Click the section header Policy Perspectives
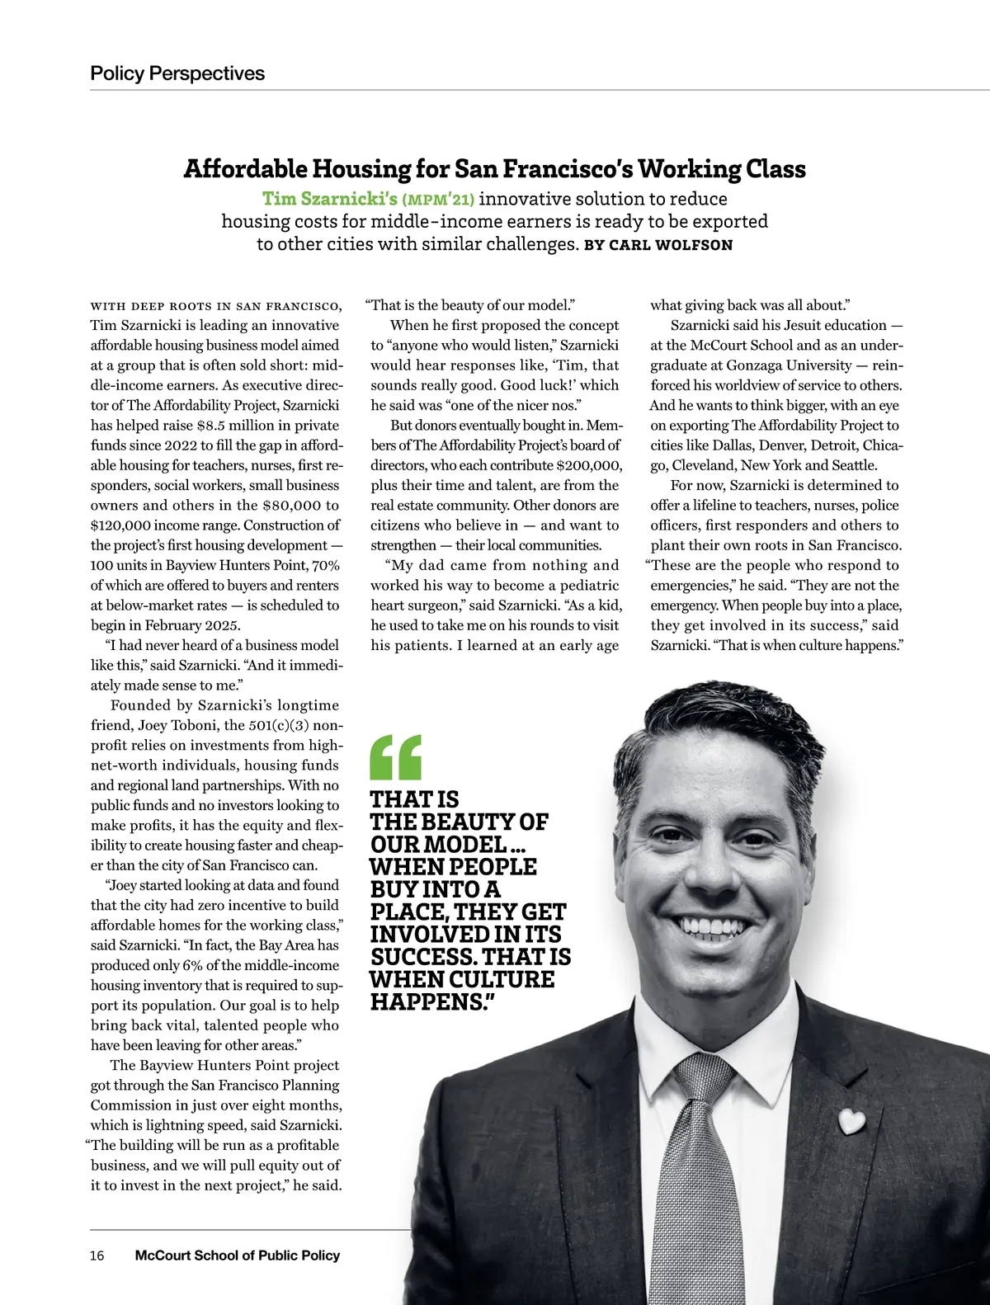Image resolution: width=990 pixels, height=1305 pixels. pos(177,73)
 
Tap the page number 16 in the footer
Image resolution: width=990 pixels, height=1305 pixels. pos(97,1256)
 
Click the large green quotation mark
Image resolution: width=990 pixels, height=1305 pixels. pos(397,756)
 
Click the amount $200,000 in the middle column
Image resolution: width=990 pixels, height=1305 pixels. pos(589,465)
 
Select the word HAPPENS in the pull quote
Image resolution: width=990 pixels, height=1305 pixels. pos(428,1002)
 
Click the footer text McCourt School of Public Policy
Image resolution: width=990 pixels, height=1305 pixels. pos(237,1256)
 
